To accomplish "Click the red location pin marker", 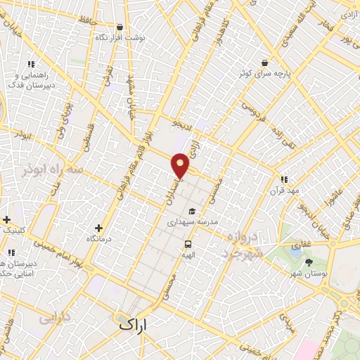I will pos(181,165).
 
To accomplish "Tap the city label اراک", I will pos(134,324).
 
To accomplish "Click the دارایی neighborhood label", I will pos(56,318).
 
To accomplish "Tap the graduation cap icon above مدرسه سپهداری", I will pos(192,211).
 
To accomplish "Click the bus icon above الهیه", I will pos(188,244).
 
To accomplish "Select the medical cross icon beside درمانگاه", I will pos(98,228).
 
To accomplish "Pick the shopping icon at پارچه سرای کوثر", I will pos(264,63).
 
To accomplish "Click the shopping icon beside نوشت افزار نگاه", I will pos(120,27).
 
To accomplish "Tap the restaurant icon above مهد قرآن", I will pos(284,179).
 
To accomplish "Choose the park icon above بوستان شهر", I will pos(309,262).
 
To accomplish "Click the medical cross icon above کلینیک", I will pos(6,219).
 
